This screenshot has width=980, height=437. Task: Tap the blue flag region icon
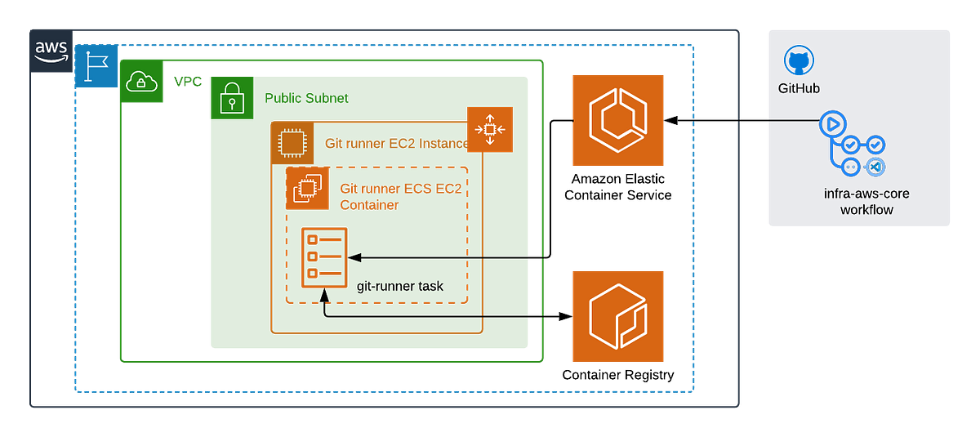[96, 67]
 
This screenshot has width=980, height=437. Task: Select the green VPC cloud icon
[141, 82]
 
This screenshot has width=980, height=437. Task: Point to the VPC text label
[187, 82]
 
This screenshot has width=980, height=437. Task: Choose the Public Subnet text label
[308, 98]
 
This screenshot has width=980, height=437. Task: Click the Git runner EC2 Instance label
[396, 145]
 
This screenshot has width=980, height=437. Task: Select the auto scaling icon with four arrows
[489, 130]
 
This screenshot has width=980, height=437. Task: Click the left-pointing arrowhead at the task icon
[354, 258]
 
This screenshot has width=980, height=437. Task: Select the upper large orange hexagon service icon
[617, 121]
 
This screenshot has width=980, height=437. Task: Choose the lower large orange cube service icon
[617, 316]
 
